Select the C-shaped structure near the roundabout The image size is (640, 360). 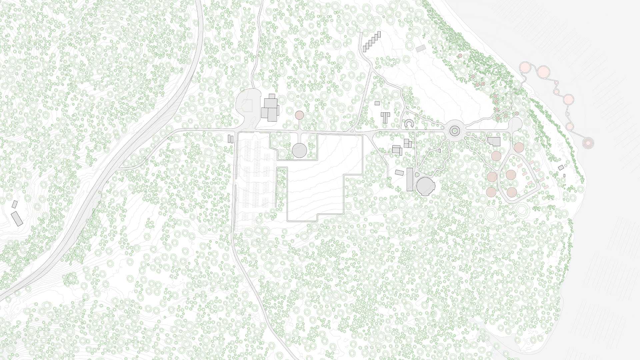[409, 124]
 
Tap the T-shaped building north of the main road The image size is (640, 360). [386, 117]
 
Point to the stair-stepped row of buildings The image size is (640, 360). [372, 41]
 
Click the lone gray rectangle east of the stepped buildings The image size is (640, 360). [421, 48]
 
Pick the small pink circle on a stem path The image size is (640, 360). [299, 115]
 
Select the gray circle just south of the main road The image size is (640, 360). [299, 150]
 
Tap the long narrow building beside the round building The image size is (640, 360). [410, 179]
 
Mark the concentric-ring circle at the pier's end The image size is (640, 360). [588, 143]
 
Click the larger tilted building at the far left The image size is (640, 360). [17, 218]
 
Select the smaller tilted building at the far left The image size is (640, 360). [14, 204]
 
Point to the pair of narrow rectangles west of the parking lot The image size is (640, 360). [230, 139]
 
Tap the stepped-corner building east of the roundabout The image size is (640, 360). [494, 141]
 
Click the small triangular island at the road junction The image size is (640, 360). [351, 131]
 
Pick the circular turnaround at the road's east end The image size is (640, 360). [516, 124]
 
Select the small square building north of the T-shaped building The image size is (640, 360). [377, 103]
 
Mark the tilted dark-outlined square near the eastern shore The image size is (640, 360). [561, 167]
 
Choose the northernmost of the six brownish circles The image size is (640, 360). [519, 147]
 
